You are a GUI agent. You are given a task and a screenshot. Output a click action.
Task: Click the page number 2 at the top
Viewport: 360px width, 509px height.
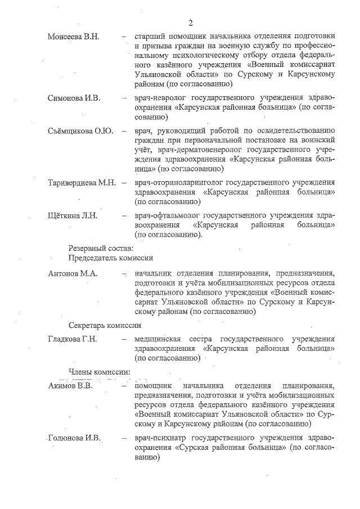(191, 23)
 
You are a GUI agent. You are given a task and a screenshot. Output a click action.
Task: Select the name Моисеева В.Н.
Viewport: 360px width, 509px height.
(73, 37)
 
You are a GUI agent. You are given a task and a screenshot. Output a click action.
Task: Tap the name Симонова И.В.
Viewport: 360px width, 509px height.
(74, 98)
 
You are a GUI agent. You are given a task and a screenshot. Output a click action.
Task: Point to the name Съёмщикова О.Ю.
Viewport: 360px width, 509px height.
(80, 131)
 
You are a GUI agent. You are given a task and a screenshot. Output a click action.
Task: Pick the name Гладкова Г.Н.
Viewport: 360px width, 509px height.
(73, 339)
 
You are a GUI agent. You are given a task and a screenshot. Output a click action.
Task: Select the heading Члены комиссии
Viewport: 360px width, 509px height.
(99, 372)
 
